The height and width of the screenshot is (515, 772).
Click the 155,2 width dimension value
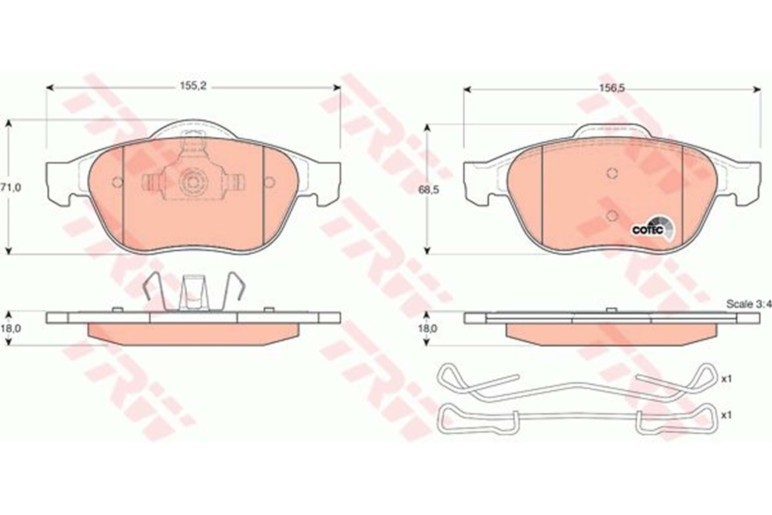(x=193, y=86)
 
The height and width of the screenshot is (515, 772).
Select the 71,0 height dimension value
(x=11, y=187)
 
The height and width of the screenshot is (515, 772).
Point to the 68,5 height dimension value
(x=429, y=190)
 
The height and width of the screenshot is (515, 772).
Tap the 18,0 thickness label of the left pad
(x=11, y=329)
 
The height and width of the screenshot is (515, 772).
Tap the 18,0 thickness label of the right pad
(x=428, y=329)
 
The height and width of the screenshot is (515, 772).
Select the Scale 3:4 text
(x=748, y=304)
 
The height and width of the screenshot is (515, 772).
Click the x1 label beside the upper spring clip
(x=726, y=379)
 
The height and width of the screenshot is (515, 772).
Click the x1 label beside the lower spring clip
(x=726, y=415)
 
